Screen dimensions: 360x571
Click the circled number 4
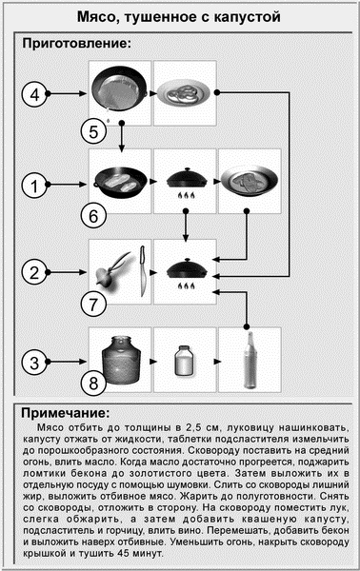(34, 94)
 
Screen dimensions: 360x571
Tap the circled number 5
(93, 131)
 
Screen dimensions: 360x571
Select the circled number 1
(34, 186)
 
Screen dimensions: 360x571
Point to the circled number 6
(93, 216)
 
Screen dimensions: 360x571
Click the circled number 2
(34, 272)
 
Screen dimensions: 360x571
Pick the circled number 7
(93, 305)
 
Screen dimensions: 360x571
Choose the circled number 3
(34, 363)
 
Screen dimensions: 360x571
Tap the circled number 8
(93, 383)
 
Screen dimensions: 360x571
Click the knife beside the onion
(143, 271)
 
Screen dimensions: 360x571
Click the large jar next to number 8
(121, 360)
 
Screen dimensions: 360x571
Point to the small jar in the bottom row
(185, 361)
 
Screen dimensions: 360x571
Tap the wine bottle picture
(250, 360)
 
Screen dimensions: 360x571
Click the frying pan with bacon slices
(121, 182)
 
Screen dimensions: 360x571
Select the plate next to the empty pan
(185, 93)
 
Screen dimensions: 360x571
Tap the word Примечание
(65, 413)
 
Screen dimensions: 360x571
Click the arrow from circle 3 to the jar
(67, 362)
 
